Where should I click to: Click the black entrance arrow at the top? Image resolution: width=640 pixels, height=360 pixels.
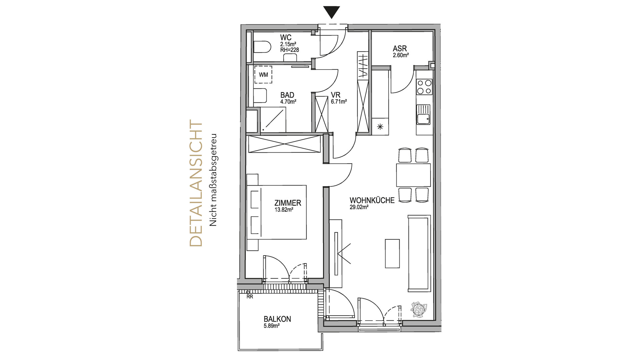tap(332, 12)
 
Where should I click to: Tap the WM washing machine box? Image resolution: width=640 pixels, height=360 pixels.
tap(263, 75)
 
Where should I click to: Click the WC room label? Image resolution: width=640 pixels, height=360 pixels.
tap(286, 38)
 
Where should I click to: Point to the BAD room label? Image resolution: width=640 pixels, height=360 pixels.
tap(287, 95)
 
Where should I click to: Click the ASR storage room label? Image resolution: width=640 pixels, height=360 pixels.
tap(400, 49)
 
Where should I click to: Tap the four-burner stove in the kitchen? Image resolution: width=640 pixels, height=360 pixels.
tap(424, 87)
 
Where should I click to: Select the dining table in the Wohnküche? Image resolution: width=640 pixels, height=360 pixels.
tap(413, 175)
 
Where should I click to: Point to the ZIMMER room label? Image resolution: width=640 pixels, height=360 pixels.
tap(288, 203)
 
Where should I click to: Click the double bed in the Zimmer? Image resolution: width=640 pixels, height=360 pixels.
tap(276, 212)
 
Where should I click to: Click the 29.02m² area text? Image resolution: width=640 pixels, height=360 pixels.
tap(359, 207)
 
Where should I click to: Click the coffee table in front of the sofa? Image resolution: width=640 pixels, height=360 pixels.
tap(392, 253)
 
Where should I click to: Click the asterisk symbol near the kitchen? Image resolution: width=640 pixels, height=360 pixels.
tap(380, 126)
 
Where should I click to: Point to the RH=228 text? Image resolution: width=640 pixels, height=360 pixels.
tap(289, 50)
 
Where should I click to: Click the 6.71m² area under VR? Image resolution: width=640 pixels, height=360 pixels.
tap(339, 102)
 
